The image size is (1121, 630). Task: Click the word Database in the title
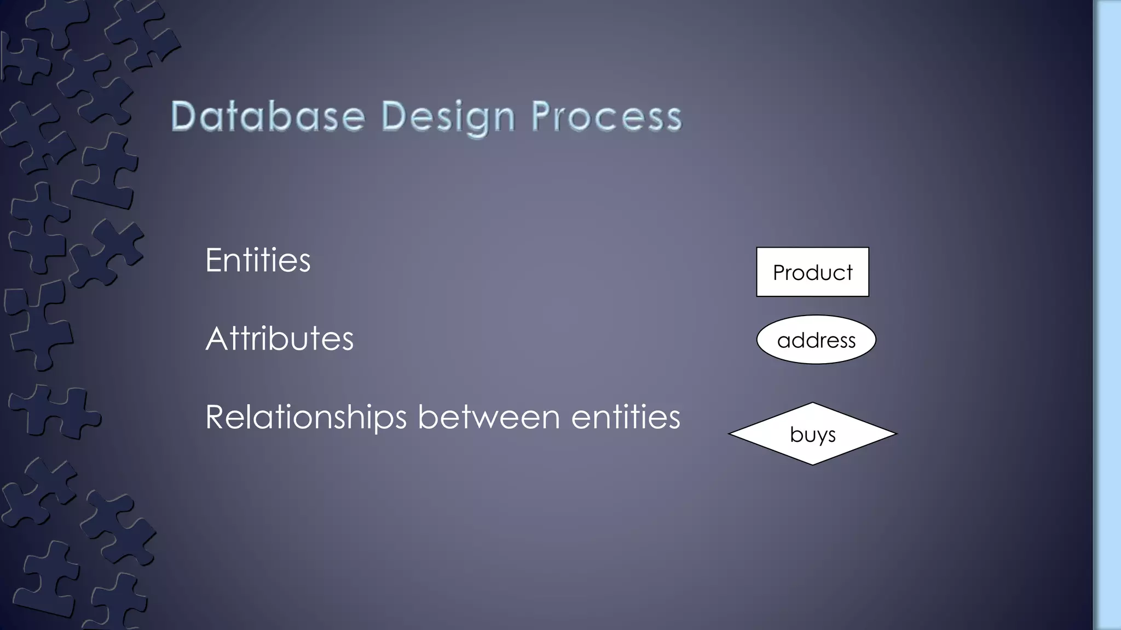click(268, 116)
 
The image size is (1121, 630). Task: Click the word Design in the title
click(448, 116)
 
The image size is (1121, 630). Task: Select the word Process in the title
click(606, 116)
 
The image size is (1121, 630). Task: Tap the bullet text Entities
click(258, 260)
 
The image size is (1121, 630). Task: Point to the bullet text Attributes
click(279, 339)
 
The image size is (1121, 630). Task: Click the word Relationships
click(305, 417)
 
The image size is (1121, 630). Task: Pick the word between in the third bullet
click(489, 417)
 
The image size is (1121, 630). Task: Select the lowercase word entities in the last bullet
click(626, 417)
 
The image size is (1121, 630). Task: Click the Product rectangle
click(812, 272)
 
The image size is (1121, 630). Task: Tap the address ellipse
click(816, 340)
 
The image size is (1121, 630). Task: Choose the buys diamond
click(812, 434)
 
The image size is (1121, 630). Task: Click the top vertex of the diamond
click(813, 404)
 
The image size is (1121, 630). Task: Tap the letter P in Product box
click(778, 272)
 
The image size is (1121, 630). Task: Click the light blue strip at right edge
click(1107, 315)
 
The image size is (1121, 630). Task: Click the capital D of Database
click(184, 116)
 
